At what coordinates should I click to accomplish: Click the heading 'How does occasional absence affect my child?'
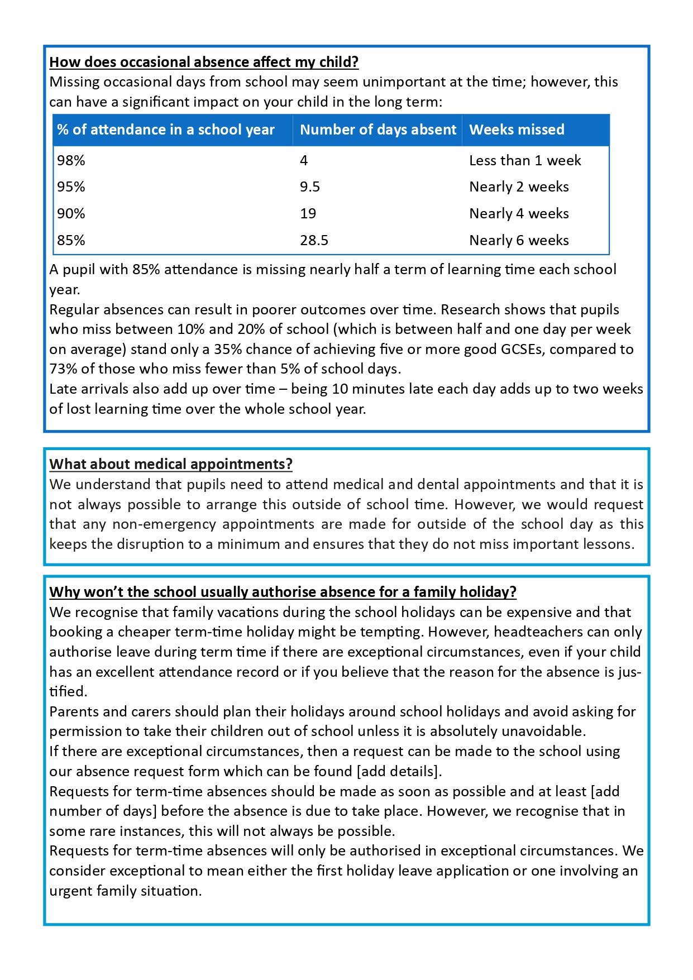[x=204, y=61]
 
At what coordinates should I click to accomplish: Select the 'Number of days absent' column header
[x=378, y=130]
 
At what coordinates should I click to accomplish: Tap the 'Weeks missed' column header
[x=517, y=130]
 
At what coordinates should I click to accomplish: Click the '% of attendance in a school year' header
[x=166, y=130]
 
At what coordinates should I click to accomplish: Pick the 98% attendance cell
[x=71, y=161]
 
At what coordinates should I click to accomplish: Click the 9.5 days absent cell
[x=310, y=187]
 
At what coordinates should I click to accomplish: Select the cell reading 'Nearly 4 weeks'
[x=519, y=214]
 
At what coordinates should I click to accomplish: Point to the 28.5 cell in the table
[x=314, y=241]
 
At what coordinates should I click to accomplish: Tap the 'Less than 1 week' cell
[x=525, y=161]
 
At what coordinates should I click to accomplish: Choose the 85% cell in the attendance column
[x=71, y=241]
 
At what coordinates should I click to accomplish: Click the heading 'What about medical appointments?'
[x=171, y=464]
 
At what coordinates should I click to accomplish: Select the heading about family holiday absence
[x=283, y=592]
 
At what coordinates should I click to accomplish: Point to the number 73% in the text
[x=63, y=369]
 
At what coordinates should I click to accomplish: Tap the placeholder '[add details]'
[x=399, y=772]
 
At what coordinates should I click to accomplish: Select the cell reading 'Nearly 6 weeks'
[x=519, y=241]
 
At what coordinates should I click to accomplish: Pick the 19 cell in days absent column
[x=308, y=214]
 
